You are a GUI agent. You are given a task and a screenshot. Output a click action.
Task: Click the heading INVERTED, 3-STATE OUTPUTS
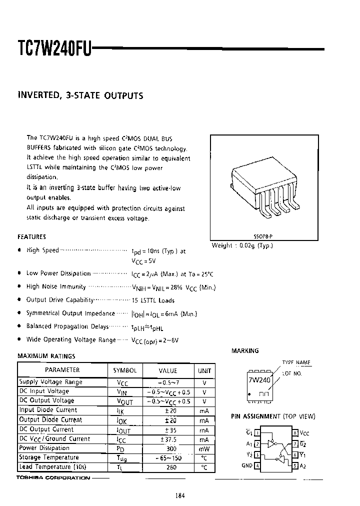click(80, 95)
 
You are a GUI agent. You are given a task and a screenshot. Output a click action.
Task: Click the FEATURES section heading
click(31, 237)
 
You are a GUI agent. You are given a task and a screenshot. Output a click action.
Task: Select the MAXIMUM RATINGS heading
click(46, 356)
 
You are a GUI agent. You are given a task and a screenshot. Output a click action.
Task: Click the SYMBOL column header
click(124, 370)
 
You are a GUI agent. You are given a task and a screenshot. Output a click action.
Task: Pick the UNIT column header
click(204, 370)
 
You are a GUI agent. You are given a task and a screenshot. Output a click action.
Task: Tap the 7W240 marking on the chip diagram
click(259, 380)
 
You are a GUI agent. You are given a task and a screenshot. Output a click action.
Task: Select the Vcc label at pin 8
click(305, 432)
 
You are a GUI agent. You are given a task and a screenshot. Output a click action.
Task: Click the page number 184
click(180, 495)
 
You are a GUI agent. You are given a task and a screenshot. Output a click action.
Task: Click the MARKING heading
click(245, 351)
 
